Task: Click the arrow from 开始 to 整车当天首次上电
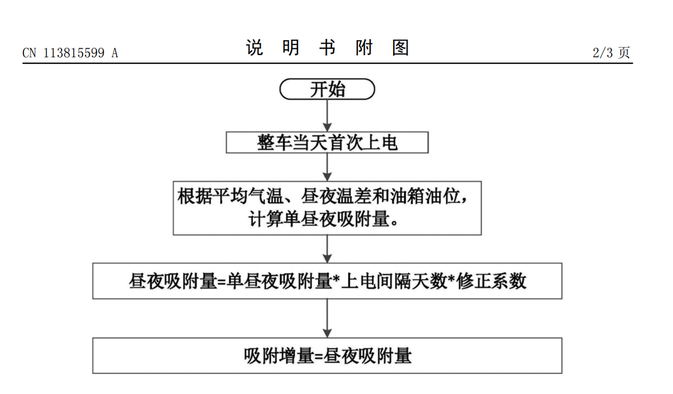coord(327,115)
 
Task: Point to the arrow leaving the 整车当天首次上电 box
coord(327,167)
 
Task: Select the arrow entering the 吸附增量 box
coord(327,318)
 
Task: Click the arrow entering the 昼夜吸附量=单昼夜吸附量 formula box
coord(327,249)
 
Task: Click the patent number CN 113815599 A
coord(70,53)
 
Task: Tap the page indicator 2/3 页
coord(611,53)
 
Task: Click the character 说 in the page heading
coord(254,48)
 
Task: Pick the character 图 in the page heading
coord(401,48)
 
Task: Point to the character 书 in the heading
coord(328,48)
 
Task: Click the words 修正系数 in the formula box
coord(492,281)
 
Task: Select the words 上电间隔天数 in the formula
coord(394,281)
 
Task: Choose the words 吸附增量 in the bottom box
coord(279,356)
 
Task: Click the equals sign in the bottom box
coord(319,357)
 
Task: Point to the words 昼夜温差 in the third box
coord(336,196)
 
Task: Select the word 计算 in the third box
coord(266,219)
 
